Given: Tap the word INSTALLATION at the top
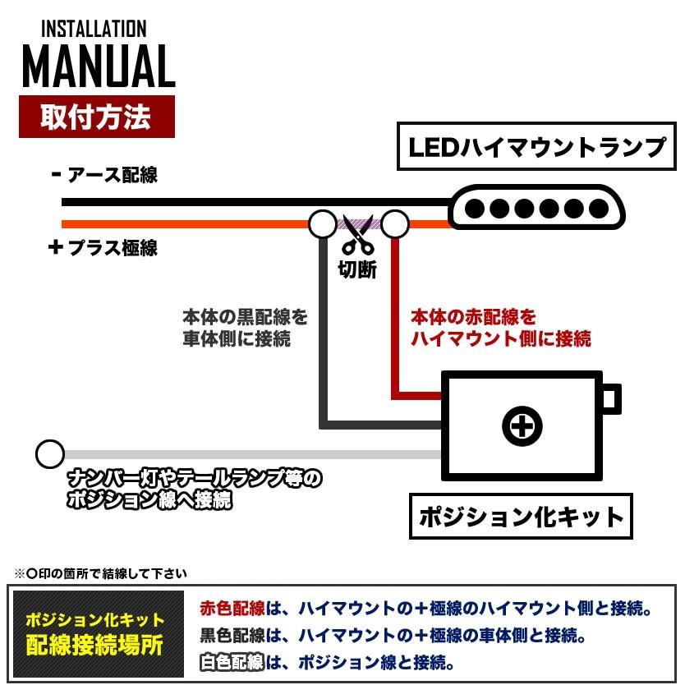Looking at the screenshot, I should point(93,30).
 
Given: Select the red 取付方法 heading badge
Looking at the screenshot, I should point(96,117).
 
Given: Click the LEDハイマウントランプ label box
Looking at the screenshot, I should point(537,147).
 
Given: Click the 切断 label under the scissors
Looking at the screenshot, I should point(357,269).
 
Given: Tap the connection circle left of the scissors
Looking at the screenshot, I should point(322,223).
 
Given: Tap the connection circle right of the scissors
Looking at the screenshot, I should point(395,223).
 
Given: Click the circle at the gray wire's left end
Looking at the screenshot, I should point(50,453).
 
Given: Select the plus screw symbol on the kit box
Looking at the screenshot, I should point(522,425).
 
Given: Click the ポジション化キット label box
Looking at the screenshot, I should point(522,517).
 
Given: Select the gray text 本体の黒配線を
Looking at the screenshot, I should point(245,317).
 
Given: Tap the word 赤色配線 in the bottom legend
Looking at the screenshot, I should point(232,609).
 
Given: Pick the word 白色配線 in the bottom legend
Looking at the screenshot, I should point(232,661).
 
